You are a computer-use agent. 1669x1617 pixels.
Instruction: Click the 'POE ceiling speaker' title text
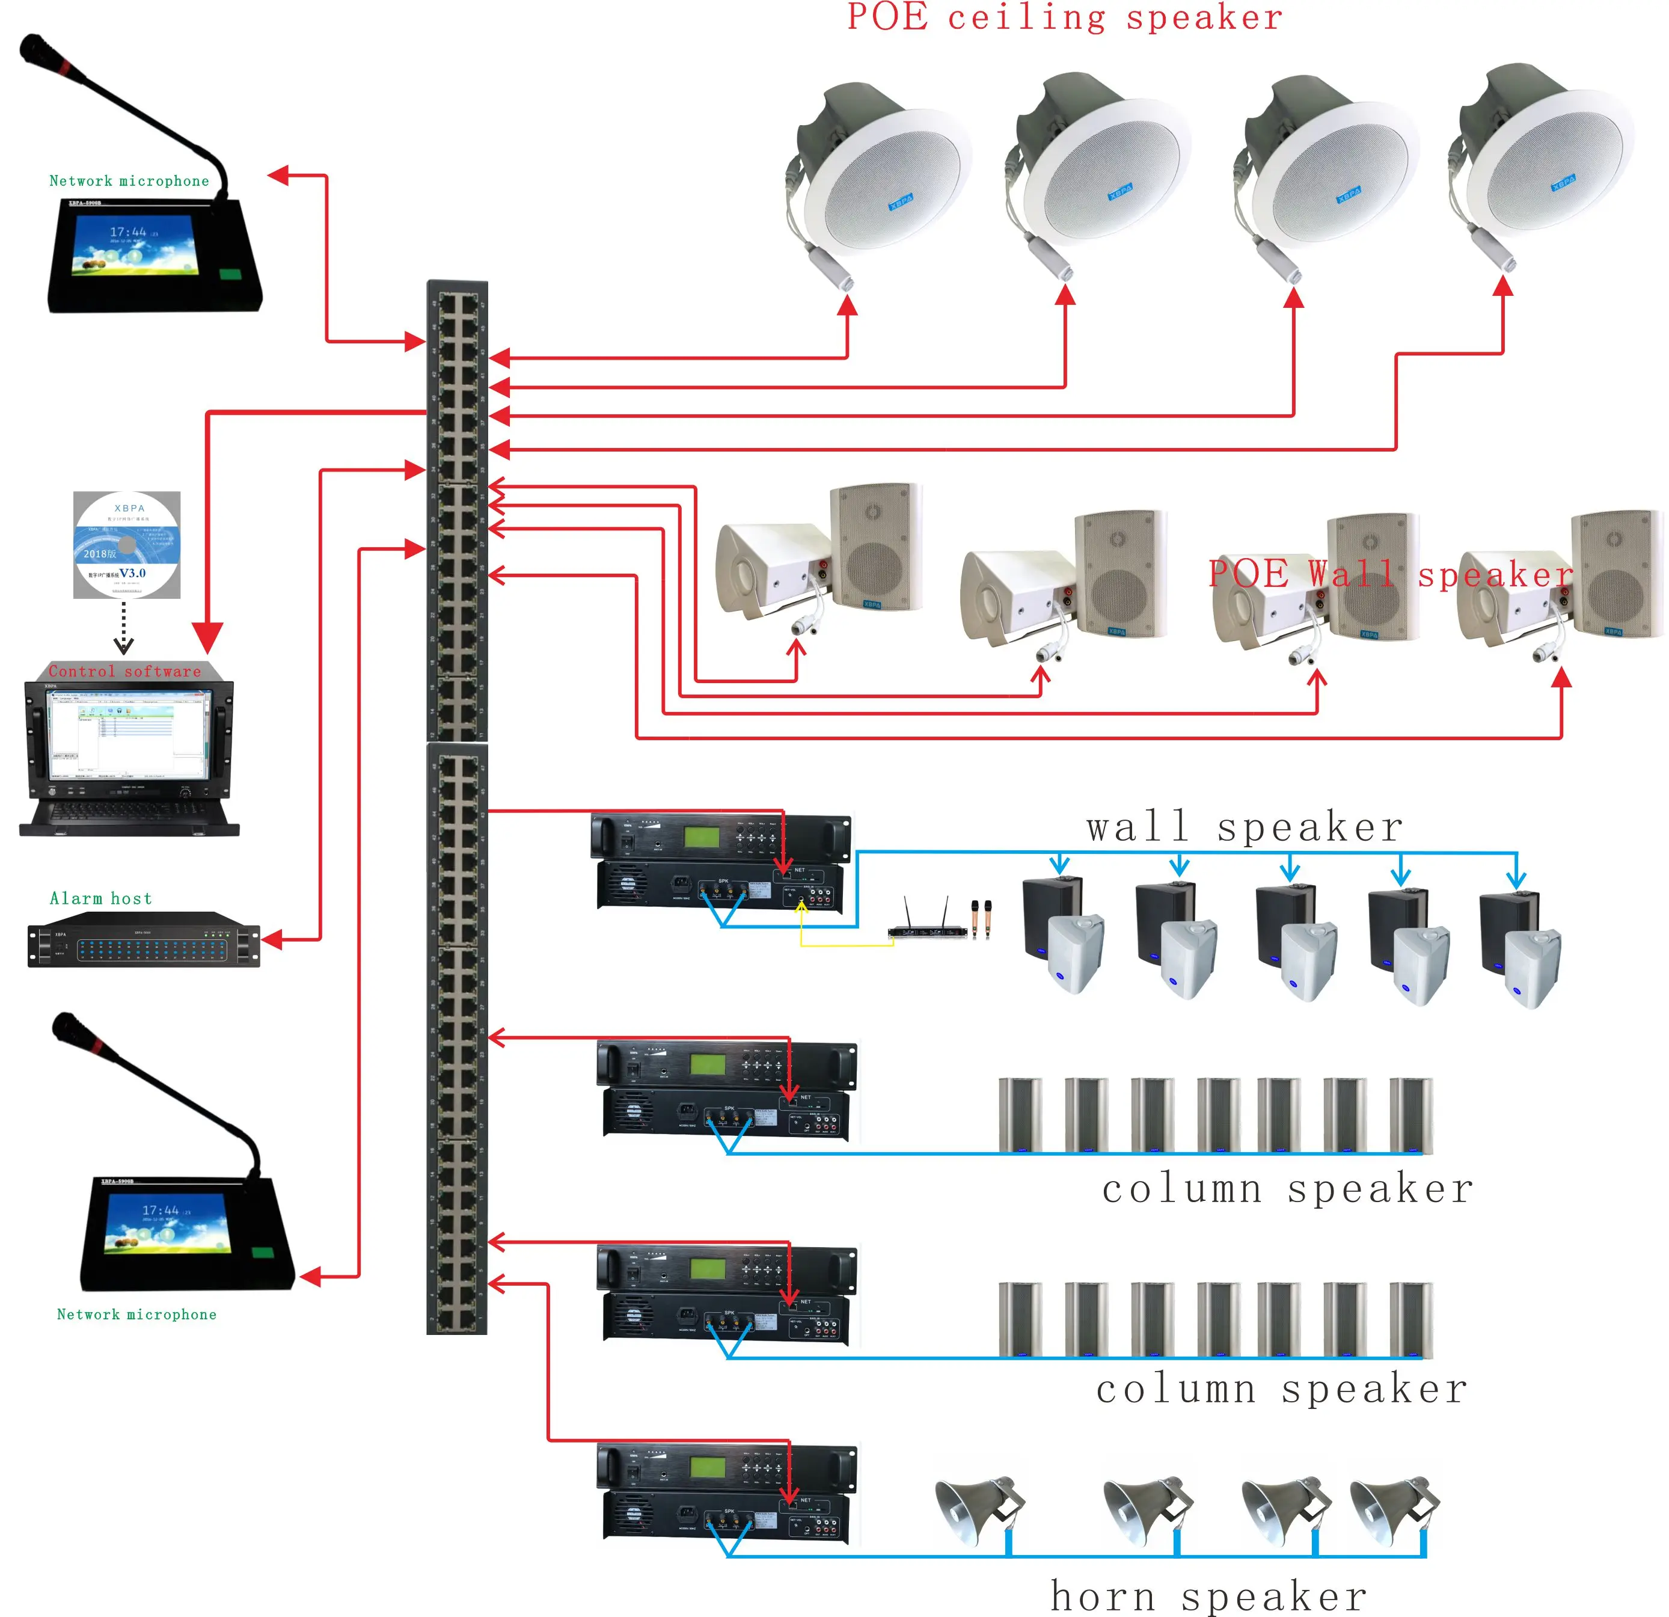[1064, 19]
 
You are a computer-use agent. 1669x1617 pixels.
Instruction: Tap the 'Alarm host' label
[100, 898]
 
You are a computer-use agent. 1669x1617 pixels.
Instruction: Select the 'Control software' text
[124, 672]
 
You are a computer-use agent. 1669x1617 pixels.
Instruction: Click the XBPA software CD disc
[127, 545]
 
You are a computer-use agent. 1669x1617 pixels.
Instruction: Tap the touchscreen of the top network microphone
[136, 244]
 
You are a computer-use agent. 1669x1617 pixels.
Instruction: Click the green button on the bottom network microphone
[263, 1253]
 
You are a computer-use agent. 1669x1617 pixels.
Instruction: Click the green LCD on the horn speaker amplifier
[707, 1467]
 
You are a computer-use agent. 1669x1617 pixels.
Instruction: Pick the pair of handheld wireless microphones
[981, 919]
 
